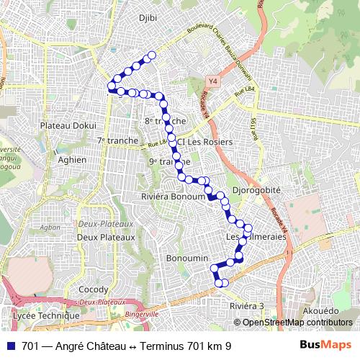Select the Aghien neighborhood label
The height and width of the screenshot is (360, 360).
point(72,160)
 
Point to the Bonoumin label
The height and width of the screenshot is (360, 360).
point(186,258)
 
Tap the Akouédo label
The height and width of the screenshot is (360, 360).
point(320,310)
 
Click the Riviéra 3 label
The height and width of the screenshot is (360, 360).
point(247,306)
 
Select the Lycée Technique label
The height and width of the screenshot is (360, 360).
point(46,315)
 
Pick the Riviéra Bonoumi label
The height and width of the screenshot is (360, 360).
point(173,196)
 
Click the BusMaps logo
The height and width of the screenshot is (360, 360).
point(325,346)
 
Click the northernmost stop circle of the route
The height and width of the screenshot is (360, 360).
point(151,56)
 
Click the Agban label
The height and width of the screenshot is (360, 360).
point(50,226)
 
